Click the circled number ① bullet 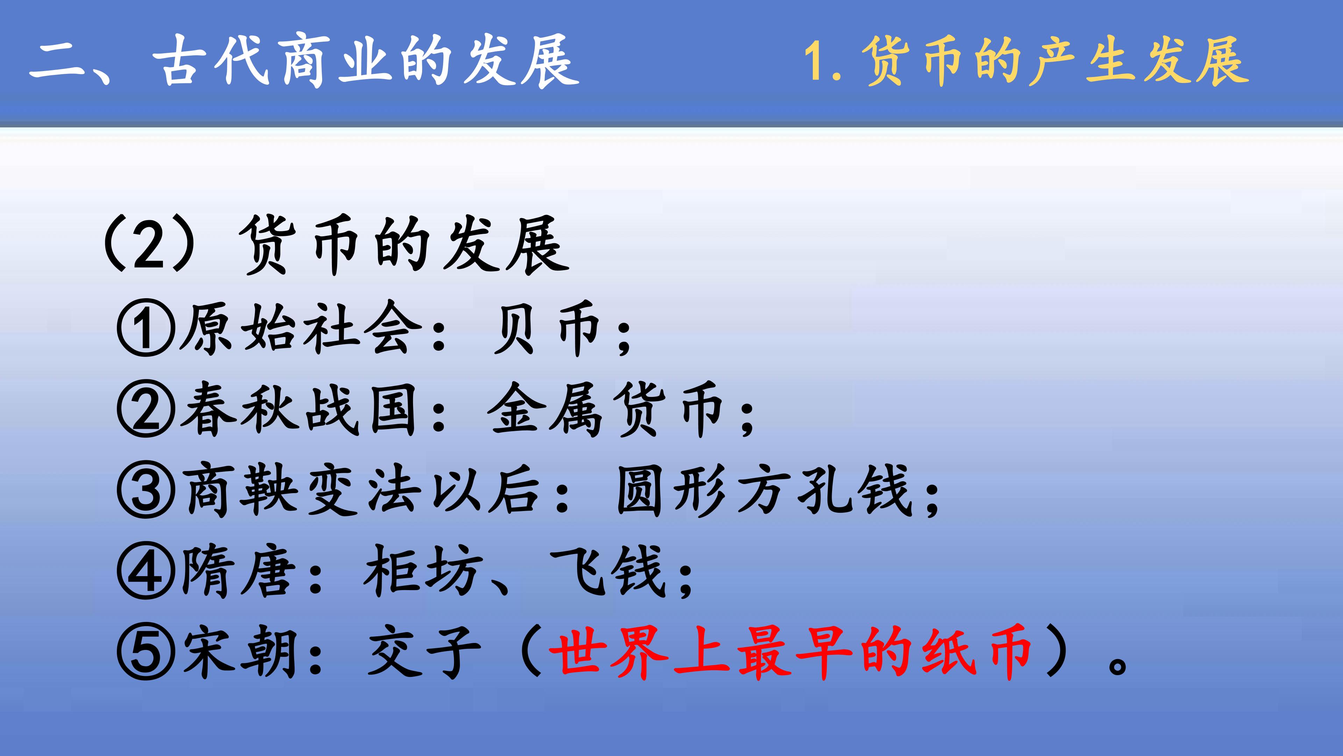click(x=145, y=328)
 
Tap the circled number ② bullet click(x=145, y=408)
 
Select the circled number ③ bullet click(x=145, y=490)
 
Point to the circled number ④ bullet click(x=145, y=571)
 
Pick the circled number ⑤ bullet click(x=145, y=652)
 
